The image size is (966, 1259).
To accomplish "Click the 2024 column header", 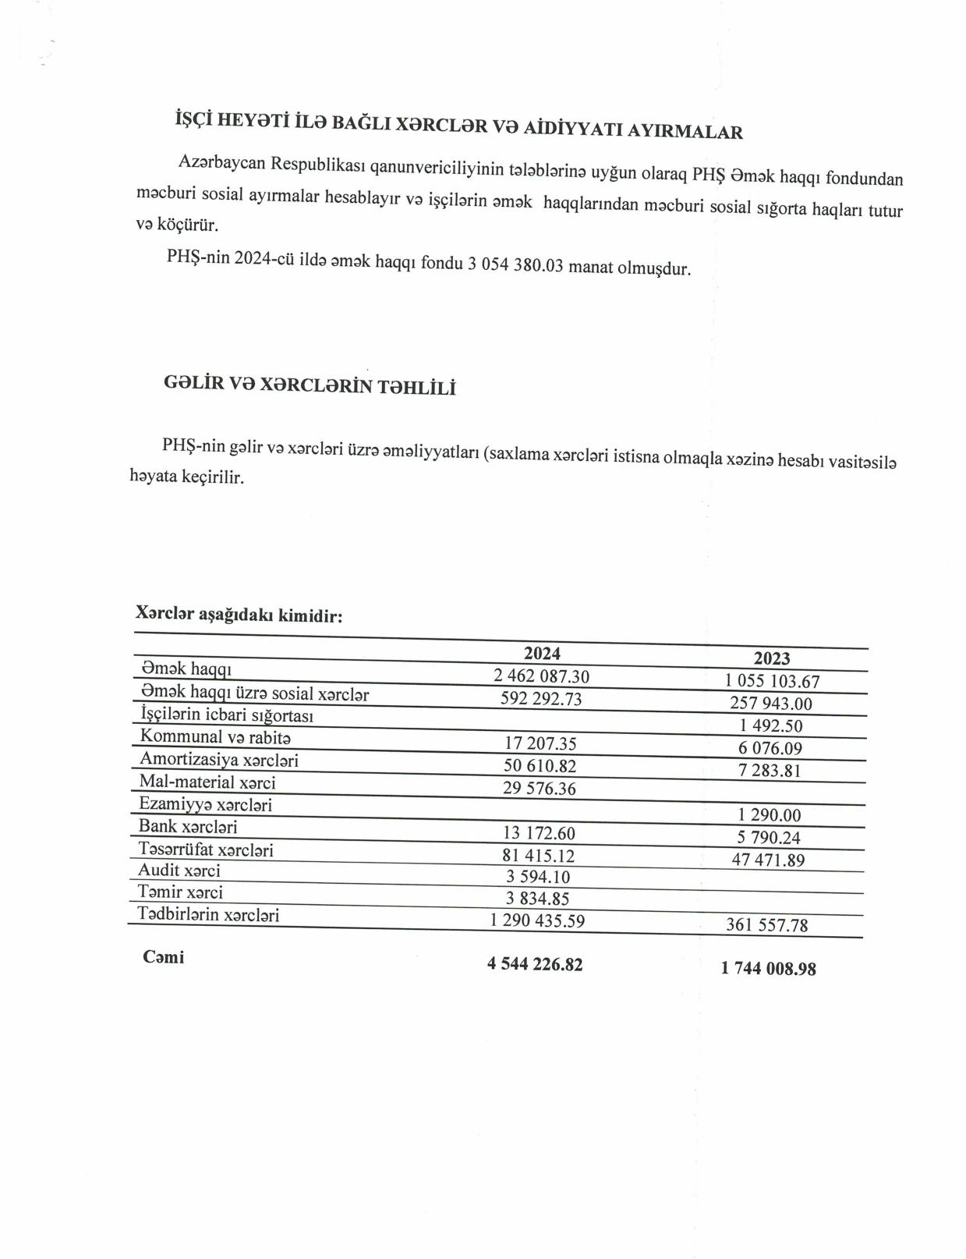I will (x=541, y=653).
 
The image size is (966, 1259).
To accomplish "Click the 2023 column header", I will (x=771, y=658).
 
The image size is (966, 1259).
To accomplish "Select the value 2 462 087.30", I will (x=540, y=676).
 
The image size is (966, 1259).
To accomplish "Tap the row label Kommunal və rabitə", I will (x=215, y=736).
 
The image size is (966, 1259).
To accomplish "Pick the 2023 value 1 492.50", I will (x=771, y=725).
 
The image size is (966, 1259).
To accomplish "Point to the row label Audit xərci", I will (x=179, y=870).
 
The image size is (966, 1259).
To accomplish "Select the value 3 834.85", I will (x=538, y=899).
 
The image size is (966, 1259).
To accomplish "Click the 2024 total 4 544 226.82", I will (x=535, y=964).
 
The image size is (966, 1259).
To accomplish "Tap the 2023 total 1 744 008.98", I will (x=768, y=968).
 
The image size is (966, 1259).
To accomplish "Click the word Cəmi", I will (x=164, y=957).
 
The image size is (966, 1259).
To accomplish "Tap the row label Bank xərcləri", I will (x=188, y=826).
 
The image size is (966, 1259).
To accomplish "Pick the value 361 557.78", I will (x=766, y=925).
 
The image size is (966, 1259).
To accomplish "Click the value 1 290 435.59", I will (x=537, y=920).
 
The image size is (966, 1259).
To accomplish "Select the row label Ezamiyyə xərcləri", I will (x=205, y=803).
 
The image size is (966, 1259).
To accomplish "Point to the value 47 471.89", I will (x=768, y=860).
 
